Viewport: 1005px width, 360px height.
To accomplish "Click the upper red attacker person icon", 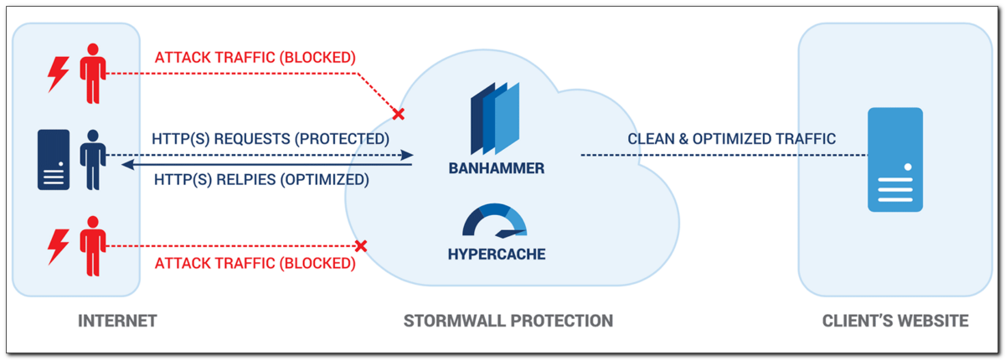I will tap(92, 74).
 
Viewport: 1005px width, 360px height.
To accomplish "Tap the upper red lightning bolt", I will tap(58, 74).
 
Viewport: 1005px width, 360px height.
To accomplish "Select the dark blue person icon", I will tap(92, 159).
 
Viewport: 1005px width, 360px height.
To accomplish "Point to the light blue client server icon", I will tap(894, 159).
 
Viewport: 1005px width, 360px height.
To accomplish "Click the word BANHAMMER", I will tap(495, 168).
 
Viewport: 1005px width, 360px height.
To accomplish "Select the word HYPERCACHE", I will tap(495, 254).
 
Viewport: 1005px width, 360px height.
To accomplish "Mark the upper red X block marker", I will tap(399, 114).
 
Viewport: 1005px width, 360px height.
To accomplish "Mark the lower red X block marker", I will tap(361, 246).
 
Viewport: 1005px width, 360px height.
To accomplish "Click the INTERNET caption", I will tap(117, 321).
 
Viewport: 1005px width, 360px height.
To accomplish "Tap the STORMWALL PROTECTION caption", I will tap(508, 321).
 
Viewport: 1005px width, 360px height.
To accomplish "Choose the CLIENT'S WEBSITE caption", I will tap(895, 321).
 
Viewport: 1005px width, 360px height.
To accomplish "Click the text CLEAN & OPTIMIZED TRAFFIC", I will tap(732, 139).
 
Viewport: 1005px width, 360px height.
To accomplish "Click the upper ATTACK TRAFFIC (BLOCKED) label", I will tap(255, 58).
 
